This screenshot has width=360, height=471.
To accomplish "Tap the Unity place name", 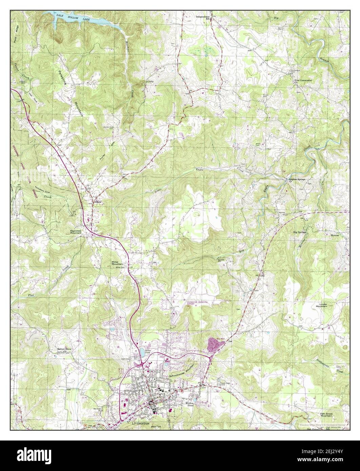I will point(149,82).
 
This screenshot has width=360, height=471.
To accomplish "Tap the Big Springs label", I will point(299,232).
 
